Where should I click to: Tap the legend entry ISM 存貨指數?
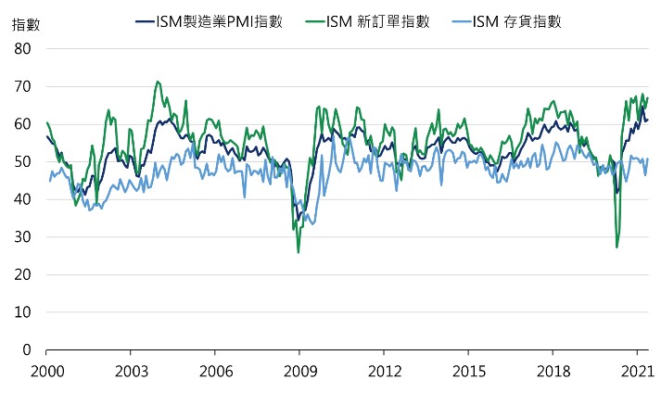pos(521,21)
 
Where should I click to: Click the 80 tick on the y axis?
pos(24,48)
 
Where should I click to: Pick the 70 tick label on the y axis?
pos(24,86)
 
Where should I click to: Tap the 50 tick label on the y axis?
pos(24,162)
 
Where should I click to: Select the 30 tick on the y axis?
pos(24,237)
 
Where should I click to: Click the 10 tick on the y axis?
pos(24,313)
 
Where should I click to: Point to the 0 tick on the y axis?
pos(28,350)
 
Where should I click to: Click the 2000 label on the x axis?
pos(45,372)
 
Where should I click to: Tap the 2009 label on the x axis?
pos(299,372)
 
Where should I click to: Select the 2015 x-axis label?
pos(468,372)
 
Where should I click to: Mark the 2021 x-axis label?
pos(637,372)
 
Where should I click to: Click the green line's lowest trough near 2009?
pos(299,252)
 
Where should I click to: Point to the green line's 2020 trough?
pos(617,247)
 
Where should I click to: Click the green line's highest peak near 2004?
pos(158,82)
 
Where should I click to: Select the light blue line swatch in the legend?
pos(458,21)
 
